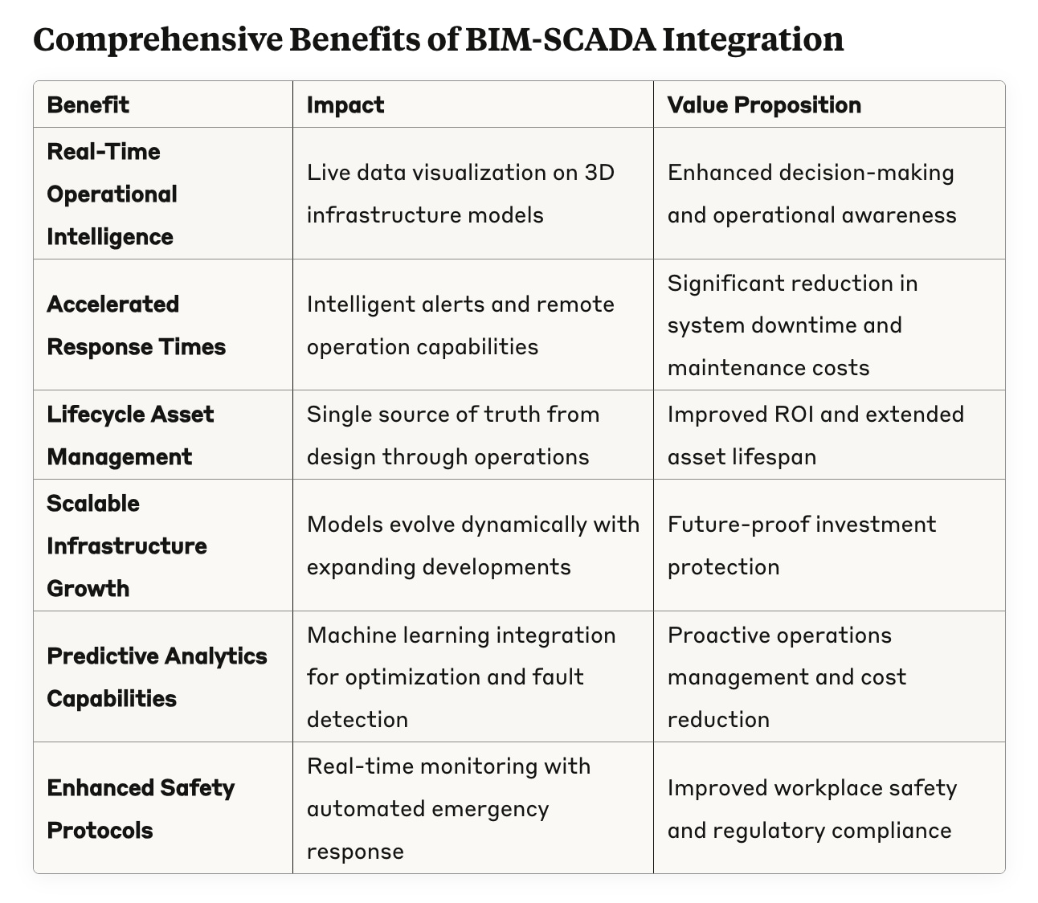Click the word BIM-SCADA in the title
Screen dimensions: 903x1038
point(557,39)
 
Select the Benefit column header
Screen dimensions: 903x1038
point(88,105)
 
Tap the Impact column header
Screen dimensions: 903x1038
point(345,105)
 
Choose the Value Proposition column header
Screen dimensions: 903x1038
point(764,105)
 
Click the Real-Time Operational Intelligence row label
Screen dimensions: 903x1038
point(112,194)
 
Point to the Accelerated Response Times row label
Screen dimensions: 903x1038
point(136,325)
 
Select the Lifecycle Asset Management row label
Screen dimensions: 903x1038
point(130,435)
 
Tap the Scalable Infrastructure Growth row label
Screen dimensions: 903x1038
point(126,545)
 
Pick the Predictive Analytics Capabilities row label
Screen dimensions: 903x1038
point(157,676)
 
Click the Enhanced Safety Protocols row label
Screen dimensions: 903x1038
point(141,808)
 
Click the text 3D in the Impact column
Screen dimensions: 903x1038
point(599,173)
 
